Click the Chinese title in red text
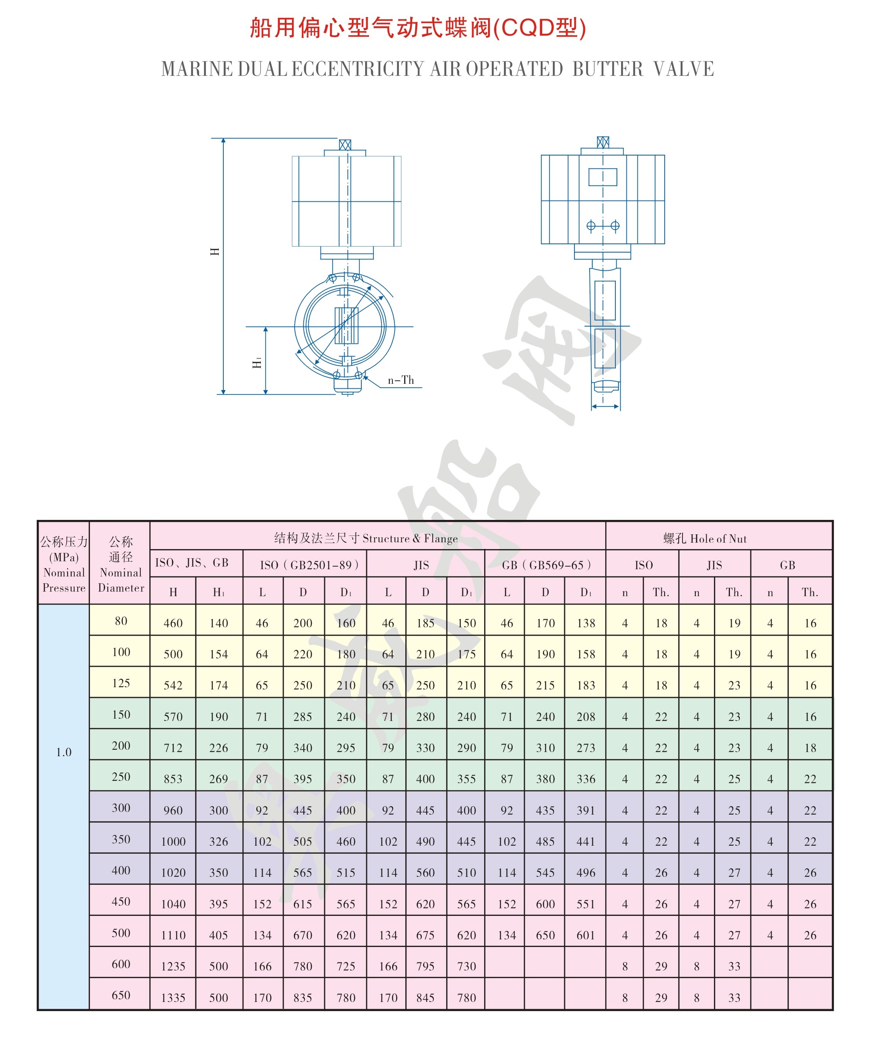(x=418, y=27)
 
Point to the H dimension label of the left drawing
(x=215, y=251)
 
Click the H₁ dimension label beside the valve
(x=257, y=363)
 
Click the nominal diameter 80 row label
(x=121, y=621)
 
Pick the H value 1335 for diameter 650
(x=173, y=997)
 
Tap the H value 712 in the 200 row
(x=173, y=747)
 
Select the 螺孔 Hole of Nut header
(x=705, y=539)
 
